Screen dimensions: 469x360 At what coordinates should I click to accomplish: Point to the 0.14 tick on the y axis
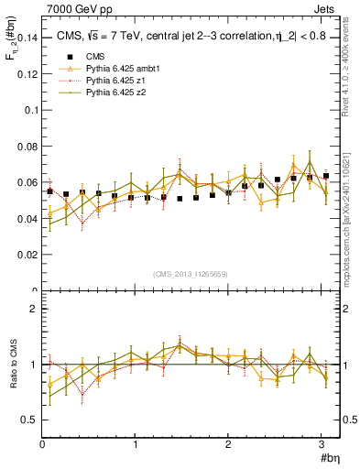tap(26, 38)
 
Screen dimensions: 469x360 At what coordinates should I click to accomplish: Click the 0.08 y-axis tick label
tap(26, 147)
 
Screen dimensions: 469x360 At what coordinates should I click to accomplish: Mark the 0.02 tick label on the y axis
tap(26, 256)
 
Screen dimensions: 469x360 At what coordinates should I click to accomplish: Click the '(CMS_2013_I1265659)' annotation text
tap(191, 274)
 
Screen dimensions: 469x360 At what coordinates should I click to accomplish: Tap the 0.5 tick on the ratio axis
tap(29, 420)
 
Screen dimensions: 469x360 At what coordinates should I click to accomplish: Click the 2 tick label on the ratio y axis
tap(34, 309)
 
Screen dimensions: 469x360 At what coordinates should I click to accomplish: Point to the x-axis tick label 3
tap(322, 444)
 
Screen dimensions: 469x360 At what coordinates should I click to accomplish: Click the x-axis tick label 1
tap(136, 444)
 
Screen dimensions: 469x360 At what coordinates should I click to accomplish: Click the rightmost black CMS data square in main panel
tap(326, 176)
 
